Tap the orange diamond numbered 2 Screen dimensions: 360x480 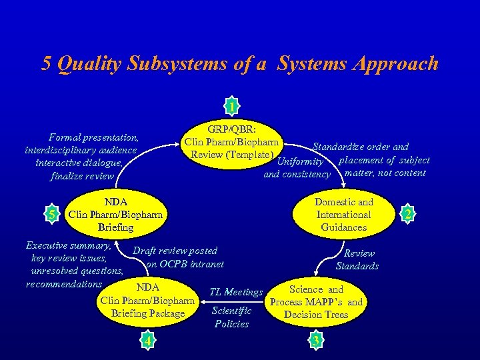click(x=407, y=214)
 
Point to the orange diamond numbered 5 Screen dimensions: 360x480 click(x=53, y=214)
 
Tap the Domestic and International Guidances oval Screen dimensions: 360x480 click(x=343, y=215)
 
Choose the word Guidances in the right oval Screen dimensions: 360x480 click(x=343, y=227)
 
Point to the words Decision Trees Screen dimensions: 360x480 click(x=316, y=314)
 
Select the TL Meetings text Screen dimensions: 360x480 click(x=236, y=291)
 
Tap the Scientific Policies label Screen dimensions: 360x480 click(x=231, y=317)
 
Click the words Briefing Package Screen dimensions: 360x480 click(x=148, y=313)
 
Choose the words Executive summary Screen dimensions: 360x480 click(x=67, y=245)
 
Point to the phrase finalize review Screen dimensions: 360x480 click(x=82, y=177)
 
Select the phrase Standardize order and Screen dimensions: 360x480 click(x=361, y=147)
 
